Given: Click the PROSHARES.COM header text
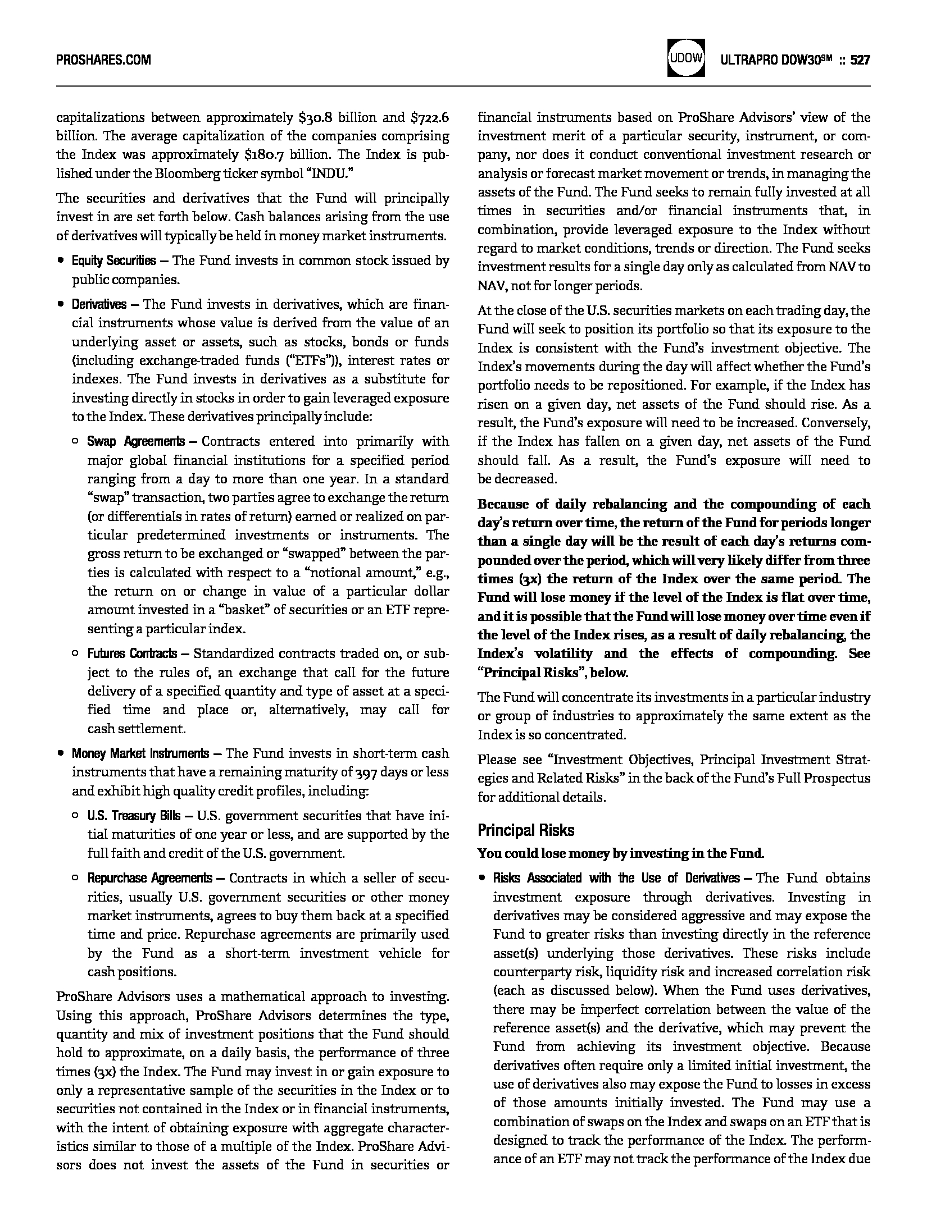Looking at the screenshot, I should click(x=103, y=60).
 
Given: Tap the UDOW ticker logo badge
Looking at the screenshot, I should click(x=686, y=58).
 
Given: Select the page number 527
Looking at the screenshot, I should click(x=860, y=60).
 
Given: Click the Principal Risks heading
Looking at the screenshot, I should click(x=526, y=830).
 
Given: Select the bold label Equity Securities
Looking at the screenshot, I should click(x=113, y=261).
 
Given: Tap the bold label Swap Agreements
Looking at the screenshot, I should click(x=135, y=442).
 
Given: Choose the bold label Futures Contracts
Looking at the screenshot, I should click(x=131, y=654).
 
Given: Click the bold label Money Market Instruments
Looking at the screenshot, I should click(x=140, y=753).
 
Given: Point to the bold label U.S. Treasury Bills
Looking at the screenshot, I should click(x=134, y=816).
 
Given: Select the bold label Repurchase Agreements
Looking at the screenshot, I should click(x=149, y=878).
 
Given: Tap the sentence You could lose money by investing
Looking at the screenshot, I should click(x=620, y=854).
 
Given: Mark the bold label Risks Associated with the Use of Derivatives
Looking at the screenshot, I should click(x=616, y=878).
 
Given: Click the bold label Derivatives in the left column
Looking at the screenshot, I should click(x=99, y=305).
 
